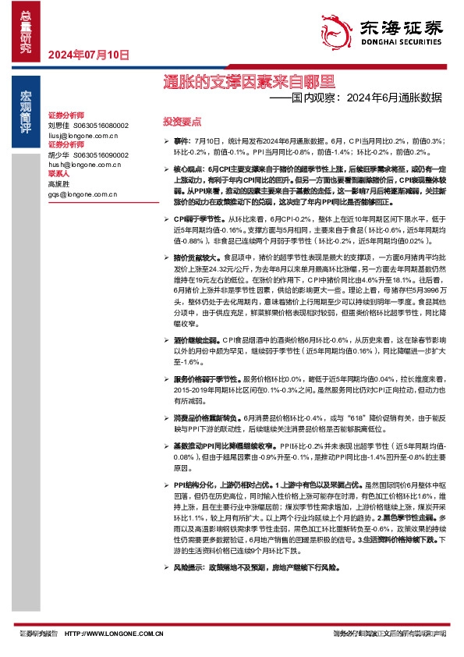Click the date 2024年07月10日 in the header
pos(88,55)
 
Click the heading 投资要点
pos(182,122)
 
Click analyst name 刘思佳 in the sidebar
pos(59,125)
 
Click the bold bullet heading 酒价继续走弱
pos(197,339)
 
